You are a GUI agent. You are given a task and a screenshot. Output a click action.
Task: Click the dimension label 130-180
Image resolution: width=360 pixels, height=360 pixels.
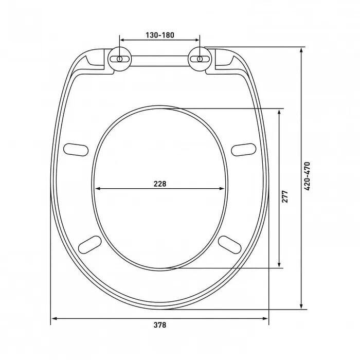160,35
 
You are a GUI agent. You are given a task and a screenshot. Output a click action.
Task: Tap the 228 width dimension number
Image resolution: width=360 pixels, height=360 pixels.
160,184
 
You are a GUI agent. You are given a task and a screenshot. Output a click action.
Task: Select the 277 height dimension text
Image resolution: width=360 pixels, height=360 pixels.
285,196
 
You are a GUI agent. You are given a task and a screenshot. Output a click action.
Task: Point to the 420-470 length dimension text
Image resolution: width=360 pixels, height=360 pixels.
307,176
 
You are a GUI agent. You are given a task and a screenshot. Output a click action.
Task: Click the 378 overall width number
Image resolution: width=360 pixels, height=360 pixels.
160,325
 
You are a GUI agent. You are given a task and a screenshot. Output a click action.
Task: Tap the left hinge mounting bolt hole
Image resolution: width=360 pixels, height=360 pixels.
120,59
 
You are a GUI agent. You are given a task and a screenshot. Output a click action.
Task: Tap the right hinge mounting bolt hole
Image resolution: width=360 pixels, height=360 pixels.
200,59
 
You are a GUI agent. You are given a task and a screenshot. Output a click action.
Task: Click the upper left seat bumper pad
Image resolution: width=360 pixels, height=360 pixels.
76,150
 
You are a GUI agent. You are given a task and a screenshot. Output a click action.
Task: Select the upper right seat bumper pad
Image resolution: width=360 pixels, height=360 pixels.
244,150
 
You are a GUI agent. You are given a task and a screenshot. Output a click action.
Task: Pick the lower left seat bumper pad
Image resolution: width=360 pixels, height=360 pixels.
90,244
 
